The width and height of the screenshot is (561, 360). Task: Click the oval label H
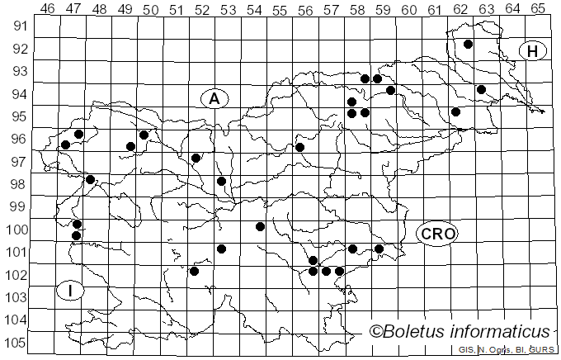[533, 51]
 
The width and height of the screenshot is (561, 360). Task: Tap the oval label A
[214, 98]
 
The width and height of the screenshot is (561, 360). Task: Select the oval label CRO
[436, 234]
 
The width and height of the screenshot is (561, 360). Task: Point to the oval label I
[70, 290]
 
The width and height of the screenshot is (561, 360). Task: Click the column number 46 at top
[48, 9]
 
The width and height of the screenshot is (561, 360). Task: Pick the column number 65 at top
[538, 9]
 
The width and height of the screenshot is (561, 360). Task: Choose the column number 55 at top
[280, 9]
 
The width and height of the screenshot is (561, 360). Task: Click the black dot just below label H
[481, 89]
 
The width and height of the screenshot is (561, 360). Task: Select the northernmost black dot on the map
[468, 44]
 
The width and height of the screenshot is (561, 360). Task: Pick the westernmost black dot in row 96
[65, 145]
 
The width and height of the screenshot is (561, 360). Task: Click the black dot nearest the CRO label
[379, 249]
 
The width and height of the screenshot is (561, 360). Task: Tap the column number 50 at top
[151, 9]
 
